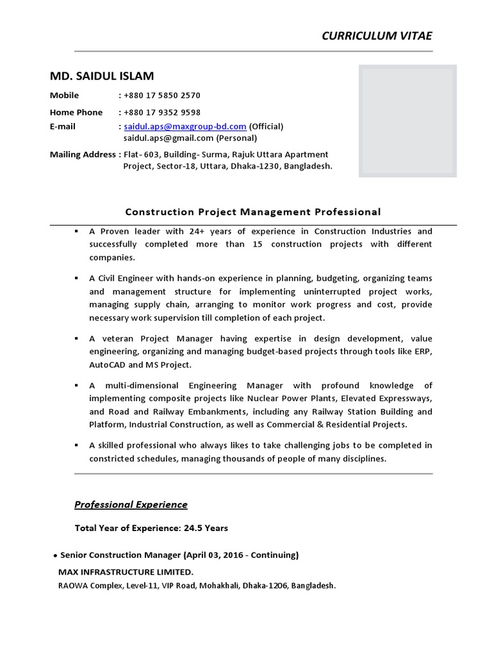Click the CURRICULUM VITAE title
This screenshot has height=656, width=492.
tap(377, 36)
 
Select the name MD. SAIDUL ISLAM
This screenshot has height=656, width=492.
tap(102, 76)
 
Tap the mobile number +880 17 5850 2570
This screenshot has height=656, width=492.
tap(162, 95)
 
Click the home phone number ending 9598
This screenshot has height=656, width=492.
tap(162, 112)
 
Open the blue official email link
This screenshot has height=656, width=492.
tap(185, 126)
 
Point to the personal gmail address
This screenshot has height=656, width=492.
tap(168, 138)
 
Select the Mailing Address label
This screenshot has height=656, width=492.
tap(83, 154)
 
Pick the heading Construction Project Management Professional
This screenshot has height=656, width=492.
tap(253, 211)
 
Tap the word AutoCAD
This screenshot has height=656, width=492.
tap(108, 365)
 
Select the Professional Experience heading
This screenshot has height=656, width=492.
tap(131, 504)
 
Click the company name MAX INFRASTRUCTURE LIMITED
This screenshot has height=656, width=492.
tap(126, 571)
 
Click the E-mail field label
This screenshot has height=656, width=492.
tap(63, 126)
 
